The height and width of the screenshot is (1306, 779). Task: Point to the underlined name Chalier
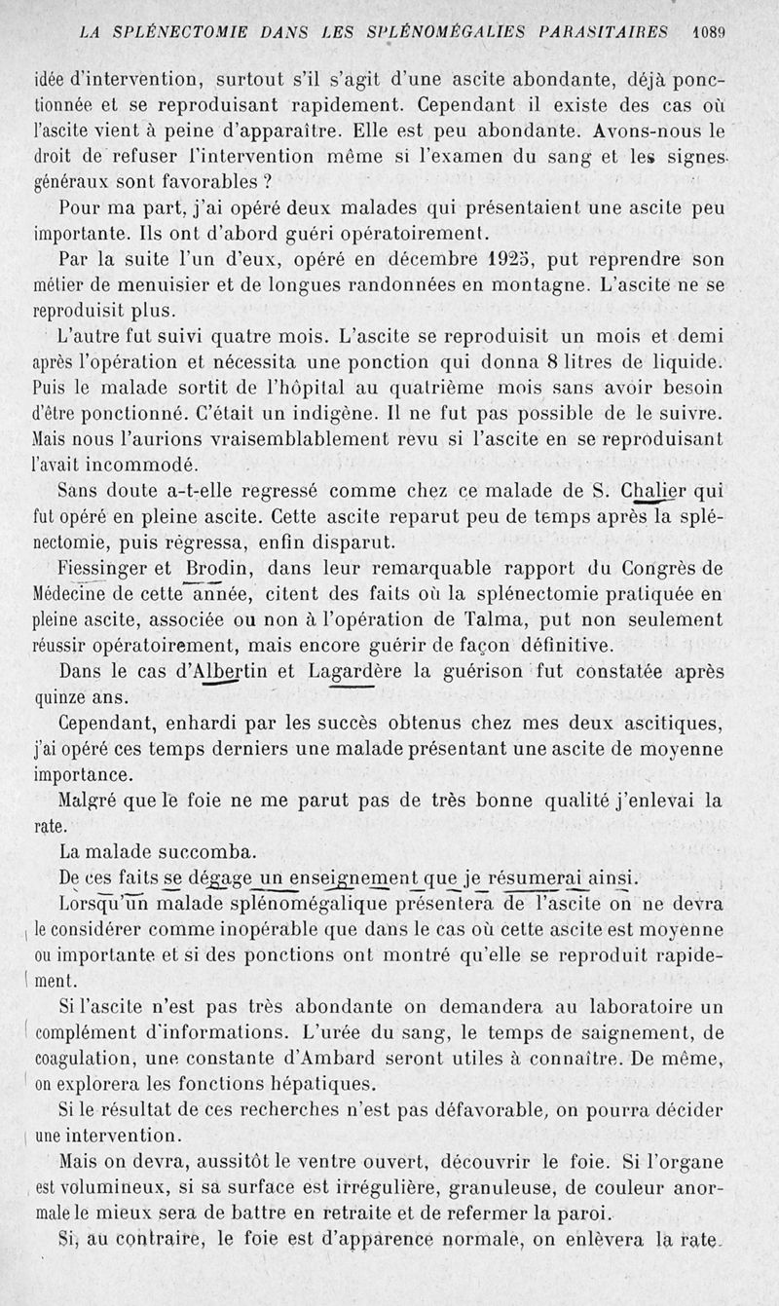(x=654, y=491)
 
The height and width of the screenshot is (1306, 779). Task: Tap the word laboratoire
(x=629, y=1006)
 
